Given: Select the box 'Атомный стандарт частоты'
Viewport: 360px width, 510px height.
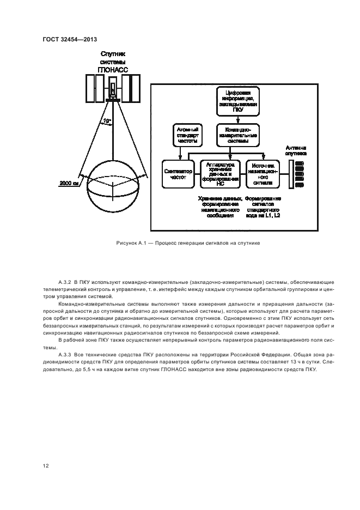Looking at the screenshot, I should coord(186,135).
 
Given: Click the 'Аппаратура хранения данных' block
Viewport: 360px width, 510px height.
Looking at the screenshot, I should coord(221,173).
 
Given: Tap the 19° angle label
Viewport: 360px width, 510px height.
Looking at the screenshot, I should coord(108,121).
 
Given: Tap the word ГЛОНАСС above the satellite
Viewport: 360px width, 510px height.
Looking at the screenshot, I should coord(113,69).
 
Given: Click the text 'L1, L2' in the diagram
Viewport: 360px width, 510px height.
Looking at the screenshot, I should coord(274,216).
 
